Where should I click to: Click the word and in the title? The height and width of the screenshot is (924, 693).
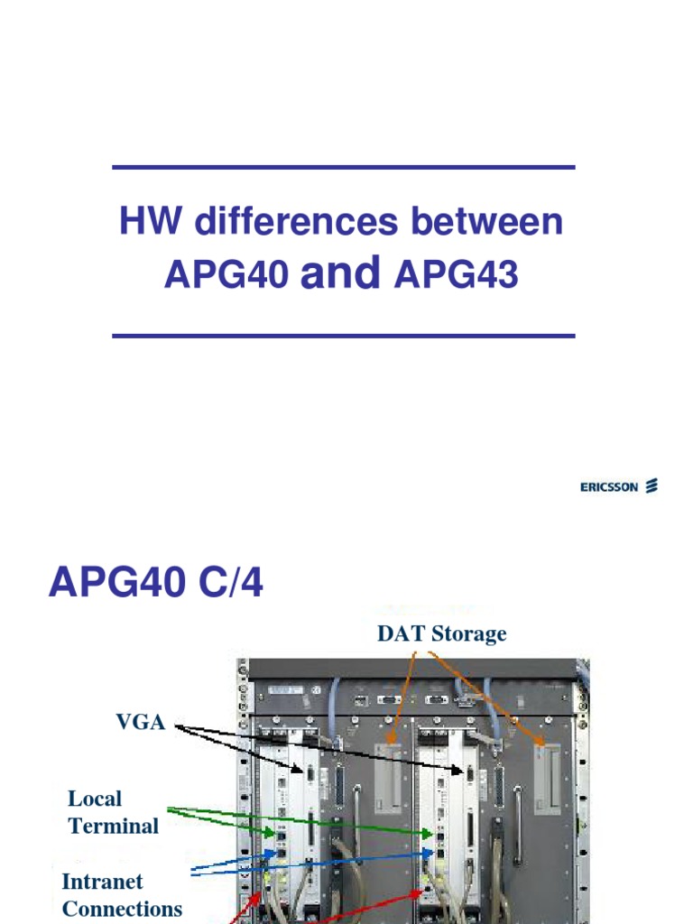click(342, 273)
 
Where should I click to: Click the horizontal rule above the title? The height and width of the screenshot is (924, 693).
click(344, 167)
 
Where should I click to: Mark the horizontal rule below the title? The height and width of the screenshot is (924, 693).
click(344, 336)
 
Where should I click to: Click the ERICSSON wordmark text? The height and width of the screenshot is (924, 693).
click(608, 487)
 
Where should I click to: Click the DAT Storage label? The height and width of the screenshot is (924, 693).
click(441, 634)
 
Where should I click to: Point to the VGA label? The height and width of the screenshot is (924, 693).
click(140, 723)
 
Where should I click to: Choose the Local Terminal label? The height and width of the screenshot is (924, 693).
click(113, 812)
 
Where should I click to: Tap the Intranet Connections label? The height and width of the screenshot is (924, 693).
click(122, 895)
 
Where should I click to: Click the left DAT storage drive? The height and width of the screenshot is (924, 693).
click(390, 776)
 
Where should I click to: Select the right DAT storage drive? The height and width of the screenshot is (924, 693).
click(548, 778)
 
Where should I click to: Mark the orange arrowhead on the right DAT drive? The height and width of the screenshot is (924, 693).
click(541, 743)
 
